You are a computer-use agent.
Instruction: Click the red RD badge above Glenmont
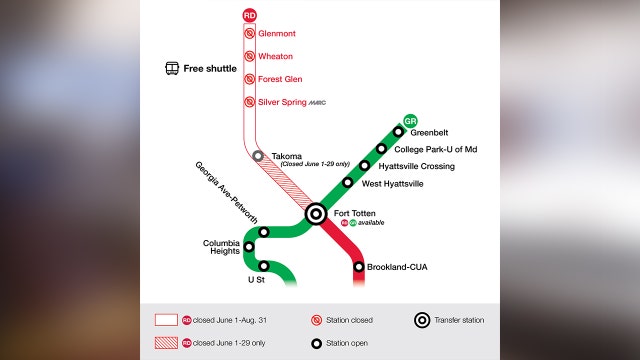point(250,15)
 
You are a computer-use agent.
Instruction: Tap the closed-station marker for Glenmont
point(250,33)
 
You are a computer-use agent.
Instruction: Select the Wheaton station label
point(275,56)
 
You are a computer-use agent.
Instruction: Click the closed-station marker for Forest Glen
point(250,79)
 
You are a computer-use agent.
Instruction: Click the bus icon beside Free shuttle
point(172,69)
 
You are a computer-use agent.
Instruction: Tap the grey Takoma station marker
point(258,156)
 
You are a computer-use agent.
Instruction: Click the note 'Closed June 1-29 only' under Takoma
point(308,167)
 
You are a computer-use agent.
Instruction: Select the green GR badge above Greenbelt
point(410,118)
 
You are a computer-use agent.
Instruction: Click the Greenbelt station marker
point(398,131)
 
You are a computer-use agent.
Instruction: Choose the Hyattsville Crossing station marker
point(365,166)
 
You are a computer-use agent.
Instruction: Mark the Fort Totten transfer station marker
point(315,212)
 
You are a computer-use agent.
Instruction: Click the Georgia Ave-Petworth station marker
point(264,232)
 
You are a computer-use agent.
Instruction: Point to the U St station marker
point(264,266)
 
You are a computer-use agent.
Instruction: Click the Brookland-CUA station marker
point(358,267)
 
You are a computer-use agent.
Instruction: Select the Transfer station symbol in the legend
point(422,321)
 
